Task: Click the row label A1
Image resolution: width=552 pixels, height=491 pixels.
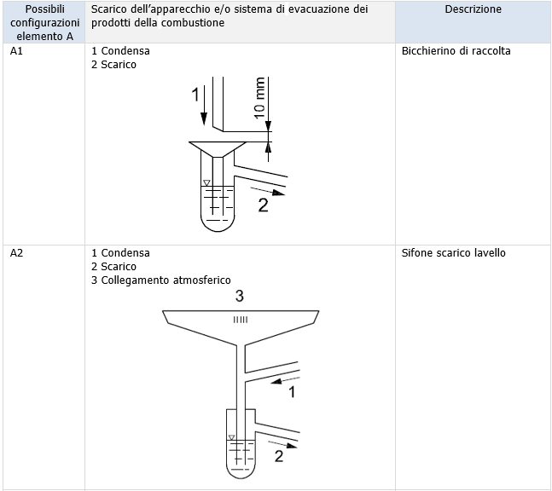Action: pyautogui.click(x=15, y=51)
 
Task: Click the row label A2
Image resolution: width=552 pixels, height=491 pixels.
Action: pyautogui.click(x=15, y=253)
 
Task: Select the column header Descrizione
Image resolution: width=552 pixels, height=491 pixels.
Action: pyautogui.click(x=473, y=9)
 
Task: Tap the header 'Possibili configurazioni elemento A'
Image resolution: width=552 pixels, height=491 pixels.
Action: pyautogui.click(x=43, y=22)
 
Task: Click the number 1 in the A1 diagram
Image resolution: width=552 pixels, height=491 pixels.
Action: pyautogui.click(x=195, y=92)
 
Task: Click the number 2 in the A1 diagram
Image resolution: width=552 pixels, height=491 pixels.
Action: pyautogui.click(x=264, y=205)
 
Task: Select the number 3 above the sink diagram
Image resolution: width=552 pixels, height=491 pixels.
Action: pyautogui.click(x=240, y=297)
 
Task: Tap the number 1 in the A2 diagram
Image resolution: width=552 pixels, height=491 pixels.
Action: pyautogui.click(x=291, y=392)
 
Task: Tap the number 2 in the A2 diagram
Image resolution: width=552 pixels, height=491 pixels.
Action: pyautogui.click(x=279, y=456)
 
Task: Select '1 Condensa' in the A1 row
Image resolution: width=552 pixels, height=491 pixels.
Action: pyautogui.click(x=120, y=51)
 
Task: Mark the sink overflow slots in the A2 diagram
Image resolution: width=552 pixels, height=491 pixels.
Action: pyautogui.click(x=241, y=320)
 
